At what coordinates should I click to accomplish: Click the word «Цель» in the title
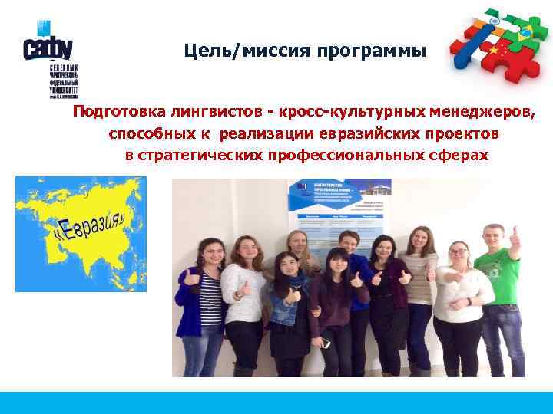(x=201, y=52)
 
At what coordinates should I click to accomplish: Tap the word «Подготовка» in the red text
(x=112, y=113)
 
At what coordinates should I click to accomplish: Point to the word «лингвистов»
(x=198, y=113)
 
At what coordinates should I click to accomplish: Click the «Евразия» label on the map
(x=91, y=222)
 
